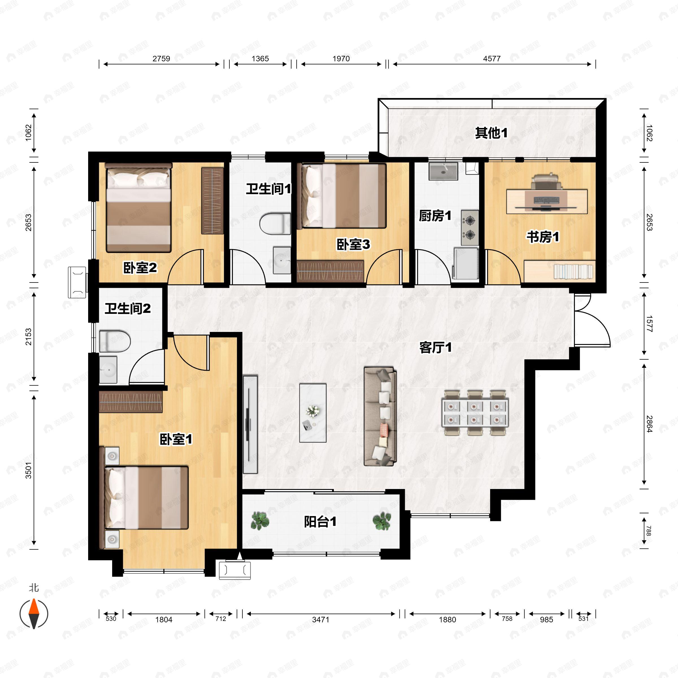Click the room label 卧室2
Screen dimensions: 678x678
[x=140, y=268]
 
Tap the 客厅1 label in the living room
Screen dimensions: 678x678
[x=436, y=347]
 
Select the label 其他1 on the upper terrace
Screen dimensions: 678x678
[x=491, y=133]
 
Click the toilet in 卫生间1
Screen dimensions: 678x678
[x=275, y=223]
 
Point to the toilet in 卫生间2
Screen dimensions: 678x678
[x=115, y=340]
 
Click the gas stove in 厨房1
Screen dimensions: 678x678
[x=470, y=228]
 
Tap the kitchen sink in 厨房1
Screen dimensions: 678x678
[x=443, y=171]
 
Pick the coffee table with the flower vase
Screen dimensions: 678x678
[x=313, y=413]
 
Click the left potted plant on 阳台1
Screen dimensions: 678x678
[x=260, y=521]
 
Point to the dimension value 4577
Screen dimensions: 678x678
[x=492, y=58]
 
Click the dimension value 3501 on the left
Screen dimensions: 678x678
[x=29, y=470]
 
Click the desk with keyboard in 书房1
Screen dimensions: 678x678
[x=547, y=201]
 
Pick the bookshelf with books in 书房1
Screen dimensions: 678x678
[x=559, y=271]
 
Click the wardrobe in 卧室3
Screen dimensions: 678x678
[x=330, y=271]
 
